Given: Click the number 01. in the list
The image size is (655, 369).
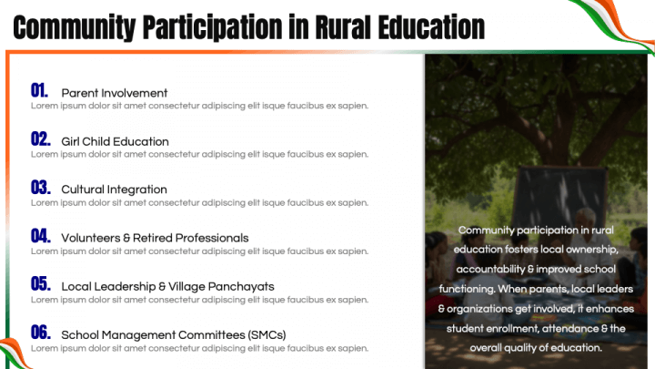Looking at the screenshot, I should (39, 90).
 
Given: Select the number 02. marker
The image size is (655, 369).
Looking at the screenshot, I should (40, 139).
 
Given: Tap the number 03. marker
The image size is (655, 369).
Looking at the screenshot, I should (40, 188).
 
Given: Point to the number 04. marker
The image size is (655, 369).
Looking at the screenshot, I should (40, 236).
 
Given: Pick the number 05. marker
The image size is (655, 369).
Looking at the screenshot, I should (40, 284).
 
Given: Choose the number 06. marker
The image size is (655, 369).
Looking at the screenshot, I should (40, 333).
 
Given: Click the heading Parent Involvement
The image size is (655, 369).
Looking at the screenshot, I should (115, 93).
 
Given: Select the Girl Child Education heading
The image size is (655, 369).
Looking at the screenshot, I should (115, 141).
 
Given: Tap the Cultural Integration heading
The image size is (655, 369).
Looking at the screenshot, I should (114, 190).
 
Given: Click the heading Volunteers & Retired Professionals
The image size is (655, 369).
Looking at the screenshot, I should (155, 238).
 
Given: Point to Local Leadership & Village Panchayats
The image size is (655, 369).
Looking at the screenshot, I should (167, 286).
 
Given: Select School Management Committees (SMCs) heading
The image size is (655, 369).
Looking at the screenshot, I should (173, 334).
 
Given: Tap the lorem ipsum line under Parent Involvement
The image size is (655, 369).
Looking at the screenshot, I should (200, 106).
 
